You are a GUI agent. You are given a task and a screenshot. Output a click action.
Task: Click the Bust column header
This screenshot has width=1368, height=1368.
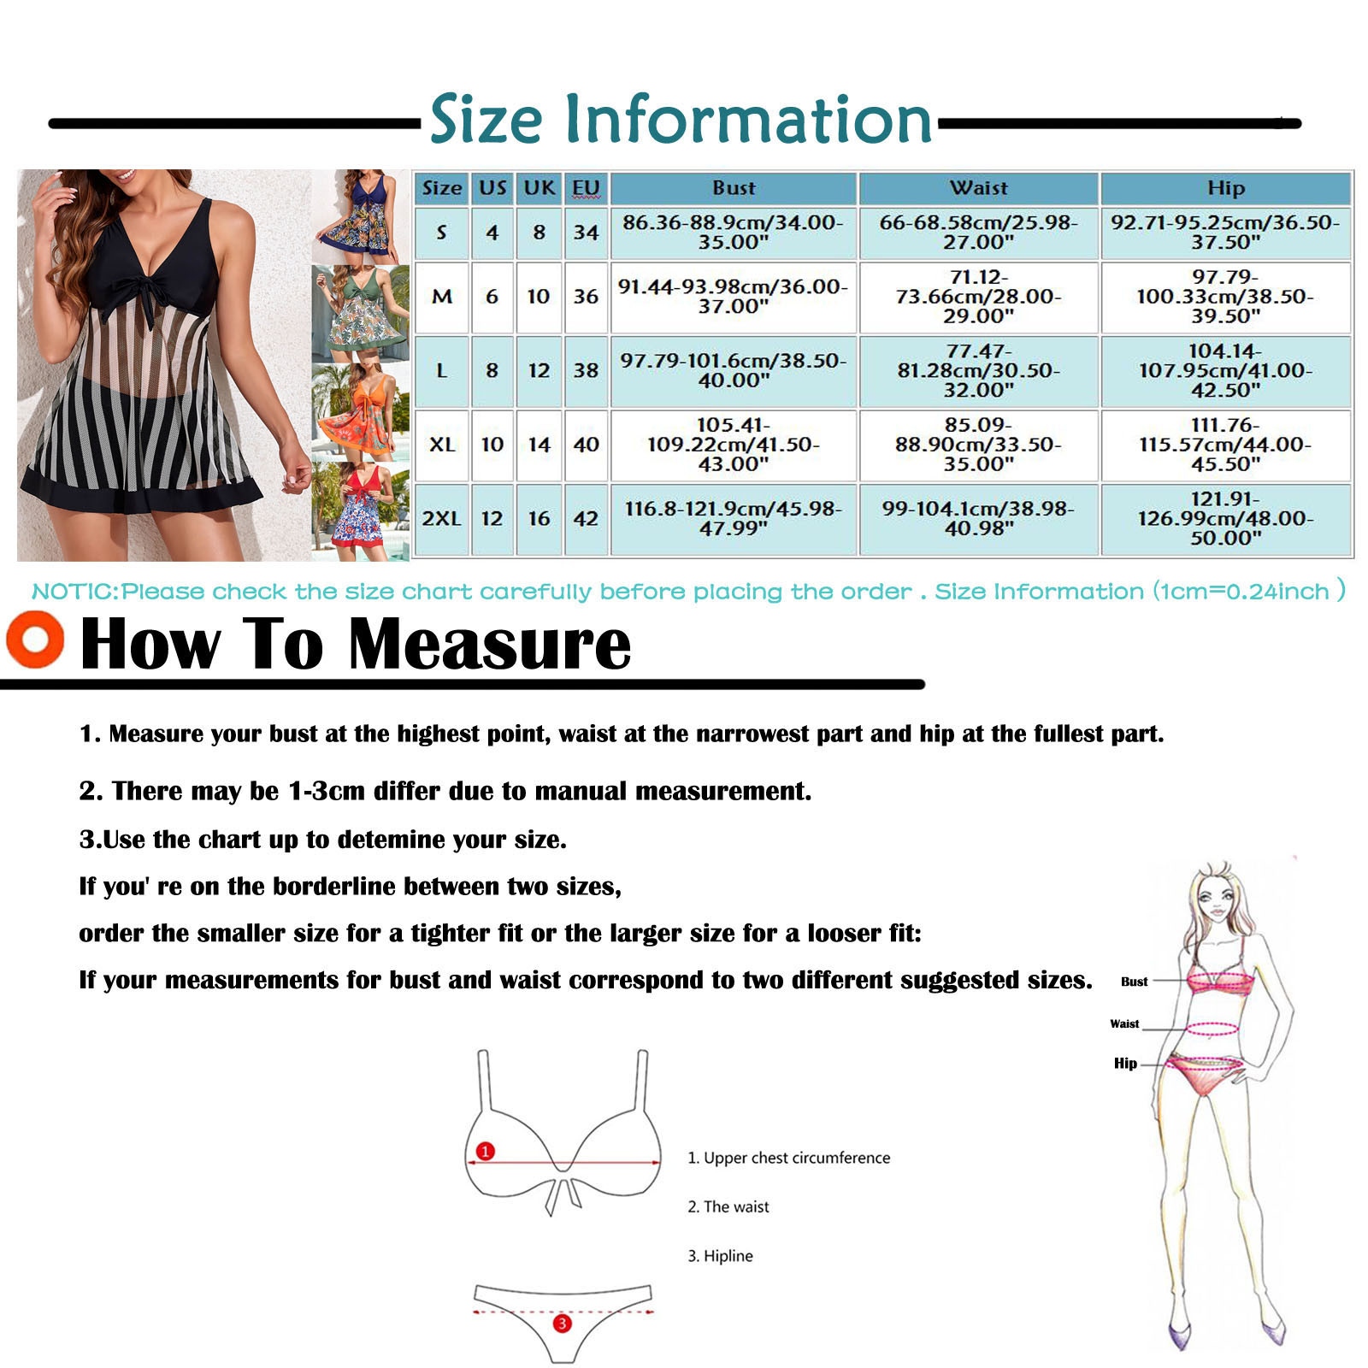pos(733,188)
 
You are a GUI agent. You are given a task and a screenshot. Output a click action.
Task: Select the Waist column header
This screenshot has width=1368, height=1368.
pos(978,188)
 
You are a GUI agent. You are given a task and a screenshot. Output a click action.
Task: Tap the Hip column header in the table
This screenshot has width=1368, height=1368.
pos(1225,188)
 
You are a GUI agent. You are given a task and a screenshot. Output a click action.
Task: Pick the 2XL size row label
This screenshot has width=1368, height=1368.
pos(441,519)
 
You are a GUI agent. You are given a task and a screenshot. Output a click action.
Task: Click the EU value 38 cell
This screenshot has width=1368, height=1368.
pos(586,371)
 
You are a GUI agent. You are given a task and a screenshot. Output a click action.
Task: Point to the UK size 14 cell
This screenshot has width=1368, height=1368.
pos(539,445)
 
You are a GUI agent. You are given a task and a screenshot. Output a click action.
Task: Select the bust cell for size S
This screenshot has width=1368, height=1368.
pos(733,233)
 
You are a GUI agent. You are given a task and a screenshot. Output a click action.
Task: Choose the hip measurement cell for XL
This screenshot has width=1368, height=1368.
pos(1225,445)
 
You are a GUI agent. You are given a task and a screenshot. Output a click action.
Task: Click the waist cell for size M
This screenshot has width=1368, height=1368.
pos(978,297)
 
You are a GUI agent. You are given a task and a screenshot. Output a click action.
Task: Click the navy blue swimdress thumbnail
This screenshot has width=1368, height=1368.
pos(360,217)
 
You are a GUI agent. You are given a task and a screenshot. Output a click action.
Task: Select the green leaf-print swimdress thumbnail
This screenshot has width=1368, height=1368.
pos(360,314)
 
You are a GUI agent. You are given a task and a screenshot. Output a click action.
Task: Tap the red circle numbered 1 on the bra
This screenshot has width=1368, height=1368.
pos(486,1151)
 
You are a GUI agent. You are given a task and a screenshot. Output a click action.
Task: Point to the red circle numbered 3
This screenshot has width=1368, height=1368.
pos(562,1324)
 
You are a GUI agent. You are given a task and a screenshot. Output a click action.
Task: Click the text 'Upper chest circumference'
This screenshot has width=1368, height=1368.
pos(797,1158)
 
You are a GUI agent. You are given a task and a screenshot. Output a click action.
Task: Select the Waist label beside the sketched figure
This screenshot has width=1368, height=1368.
pos(1124,1023)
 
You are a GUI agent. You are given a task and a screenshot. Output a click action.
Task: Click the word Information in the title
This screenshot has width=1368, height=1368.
pos(748,120)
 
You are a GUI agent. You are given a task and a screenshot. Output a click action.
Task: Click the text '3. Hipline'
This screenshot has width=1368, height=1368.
pos(720,1256)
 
